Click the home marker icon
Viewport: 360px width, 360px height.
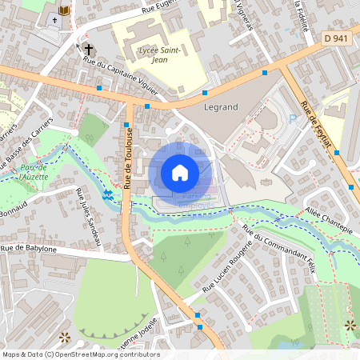(180, 172)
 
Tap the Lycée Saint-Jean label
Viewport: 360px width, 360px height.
(154, 54)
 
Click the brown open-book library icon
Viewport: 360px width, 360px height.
(64, 10)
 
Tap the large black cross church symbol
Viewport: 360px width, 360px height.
(89, 50)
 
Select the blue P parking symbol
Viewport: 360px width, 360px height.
(293, 118)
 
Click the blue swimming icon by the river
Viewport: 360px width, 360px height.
(108, 194)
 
